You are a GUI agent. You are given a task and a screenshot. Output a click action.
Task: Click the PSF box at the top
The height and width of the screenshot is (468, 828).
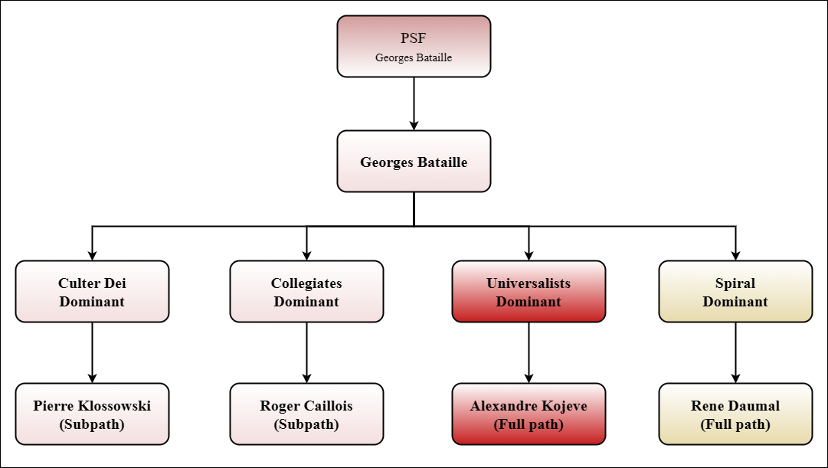414,46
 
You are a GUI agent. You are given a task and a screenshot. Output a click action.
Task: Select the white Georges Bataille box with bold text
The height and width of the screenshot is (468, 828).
414,161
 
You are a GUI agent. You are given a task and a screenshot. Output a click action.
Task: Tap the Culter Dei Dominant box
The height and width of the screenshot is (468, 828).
92,291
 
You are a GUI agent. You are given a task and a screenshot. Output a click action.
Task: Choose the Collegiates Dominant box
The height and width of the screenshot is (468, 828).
306,291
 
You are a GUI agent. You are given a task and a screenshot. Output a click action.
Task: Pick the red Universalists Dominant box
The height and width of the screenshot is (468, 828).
529,291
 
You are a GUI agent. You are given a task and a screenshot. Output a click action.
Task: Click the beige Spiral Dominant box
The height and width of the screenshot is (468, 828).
735,291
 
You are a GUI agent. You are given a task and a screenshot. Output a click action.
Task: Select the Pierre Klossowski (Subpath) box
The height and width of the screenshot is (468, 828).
92,414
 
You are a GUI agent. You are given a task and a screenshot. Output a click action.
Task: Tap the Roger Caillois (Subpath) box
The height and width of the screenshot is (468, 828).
306,414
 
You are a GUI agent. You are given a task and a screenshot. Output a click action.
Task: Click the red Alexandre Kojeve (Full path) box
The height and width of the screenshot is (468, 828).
529,414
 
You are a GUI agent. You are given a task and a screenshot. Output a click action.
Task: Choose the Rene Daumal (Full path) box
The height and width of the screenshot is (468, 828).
735,414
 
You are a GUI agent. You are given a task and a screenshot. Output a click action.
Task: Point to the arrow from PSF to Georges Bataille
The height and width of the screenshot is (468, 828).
414,103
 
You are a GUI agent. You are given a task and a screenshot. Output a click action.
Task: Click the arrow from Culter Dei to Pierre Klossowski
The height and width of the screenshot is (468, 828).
92,352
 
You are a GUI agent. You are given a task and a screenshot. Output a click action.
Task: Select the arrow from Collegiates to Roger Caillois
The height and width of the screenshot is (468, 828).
306,352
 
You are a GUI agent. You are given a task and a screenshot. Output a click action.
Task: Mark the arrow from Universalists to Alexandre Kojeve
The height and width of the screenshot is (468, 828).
529,352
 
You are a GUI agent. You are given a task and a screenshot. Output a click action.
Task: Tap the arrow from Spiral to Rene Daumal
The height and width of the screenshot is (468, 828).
735,352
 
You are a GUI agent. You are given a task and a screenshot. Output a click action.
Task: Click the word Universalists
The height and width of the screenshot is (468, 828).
529,283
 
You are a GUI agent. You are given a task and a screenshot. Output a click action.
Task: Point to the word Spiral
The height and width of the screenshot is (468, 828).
735,283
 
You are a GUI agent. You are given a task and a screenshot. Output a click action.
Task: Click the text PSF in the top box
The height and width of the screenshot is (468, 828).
414,38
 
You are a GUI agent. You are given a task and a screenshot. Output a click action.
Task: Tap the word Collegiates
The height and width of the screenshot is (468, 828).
306,283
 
